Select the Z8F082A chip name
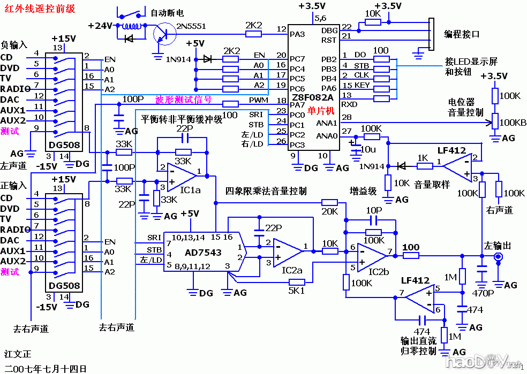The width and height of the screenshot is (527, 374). pyautogui.click(x=312, y=98)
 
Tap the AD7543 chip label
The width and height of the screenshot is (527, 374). pyautogui.click(x=203, y=251)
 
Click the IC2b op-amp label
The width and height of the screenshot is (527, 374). pyautogui.click(x=378, y=271)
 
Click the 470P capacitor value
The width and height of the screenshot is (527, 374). pyautogui.click(x=484, y=293)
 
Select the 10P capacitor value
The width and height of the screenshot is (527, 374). pyautogui.click(x=373, y=210)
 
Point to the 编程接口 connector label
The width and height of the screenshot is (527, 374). pyautogui.click(x=462, y=34)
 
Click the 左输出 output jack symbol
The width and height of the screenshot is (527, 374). pyautogui.click(x=499, y=257)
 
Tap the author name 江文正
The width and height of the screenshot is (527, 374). pyautogui.click(x=18, y=354)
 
